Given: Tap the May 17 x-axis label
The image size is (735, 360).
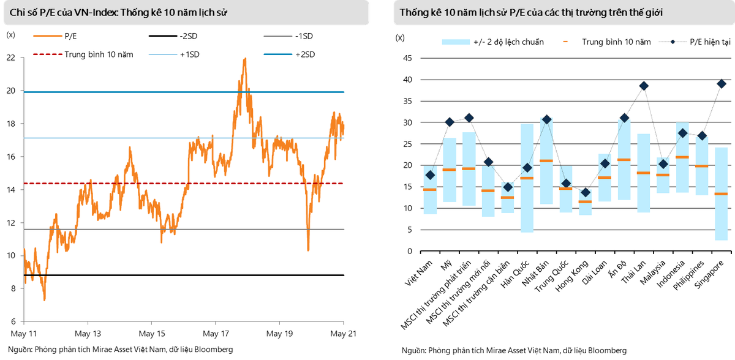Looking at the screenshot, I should tap(216, 334).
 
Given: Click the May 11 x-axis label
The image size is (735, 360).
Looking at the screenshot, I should tap(24, 334).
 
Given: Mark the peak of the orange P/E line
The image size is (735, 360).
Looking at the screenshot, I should tap(245, 59).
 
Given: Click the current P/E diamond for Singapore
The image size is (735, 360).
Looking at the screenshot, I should tap(721, 84).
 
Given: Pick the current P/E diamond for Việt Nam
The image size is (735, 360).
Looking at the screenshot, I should tap(430, 175).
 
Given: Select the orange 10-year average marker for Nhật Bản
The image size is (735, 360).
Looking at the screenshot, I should tap(546, 161).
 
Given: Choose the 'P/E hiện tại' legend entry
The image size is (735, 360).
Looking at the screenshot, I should tap(692, 42).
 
